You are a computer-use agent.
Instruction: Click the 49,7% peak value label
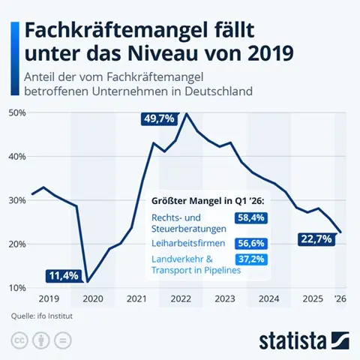click(x=159, y=118)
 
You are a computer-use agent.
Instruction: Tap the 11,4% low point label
click(x=63, y=276)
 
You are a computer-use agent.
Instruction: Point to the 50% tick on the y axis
click(x=17, y=112)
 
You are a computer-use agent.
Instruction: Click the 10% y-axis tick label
click(x=17, y=288)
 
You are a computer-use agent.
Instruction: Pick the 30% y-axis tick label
click(x=17, y=200)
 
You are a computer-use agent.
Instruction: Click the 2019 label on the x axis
click(x=47, y=298)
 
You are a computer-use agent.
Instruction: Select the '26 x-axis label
click(x=340, y=298)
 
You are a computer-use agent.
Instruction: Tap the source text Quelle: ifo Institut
click(x=43, y=316)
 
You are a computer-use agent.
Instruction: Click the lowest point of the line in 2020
click(x=87, y=282)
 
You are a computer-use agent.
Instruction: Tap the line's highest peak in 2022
click(x=186, y=114)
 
